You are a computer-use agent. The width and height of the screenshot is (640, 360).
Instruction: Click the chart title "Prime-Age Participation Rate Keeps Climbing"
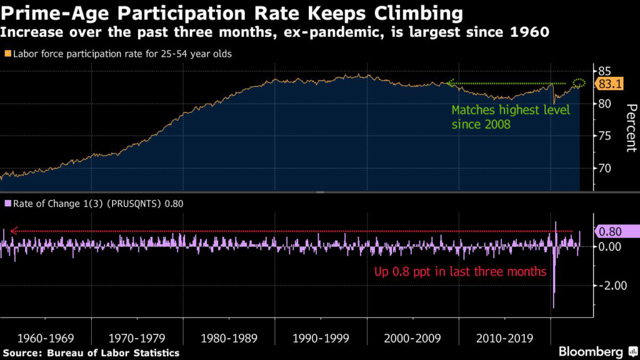pos(231,12)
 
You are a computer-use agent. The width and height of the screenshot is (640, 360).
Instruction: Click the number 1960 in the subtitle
pos(531,32)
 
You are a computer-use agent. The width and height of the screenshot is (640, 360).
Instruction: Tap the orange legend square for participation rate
pos(7,54)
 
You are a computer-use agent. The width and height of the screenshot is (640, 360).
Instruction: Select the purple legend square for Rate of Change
pos(7,203)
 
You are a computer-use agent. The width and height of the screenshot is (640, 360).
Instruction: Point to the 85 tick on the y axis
pos(605,72)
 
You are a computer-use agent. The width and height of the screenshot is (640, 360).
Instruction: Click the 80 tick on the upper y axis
pos(605,104)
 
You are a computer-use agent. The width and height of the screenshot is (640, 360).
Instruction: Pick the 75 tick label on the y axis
pos(605,136)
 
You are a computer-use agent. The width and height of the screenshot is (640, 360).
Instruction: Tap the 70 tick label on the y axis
pos(605,169)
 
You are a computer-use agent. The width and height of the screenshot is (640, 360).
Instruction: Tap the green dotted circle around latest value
pos(579,83)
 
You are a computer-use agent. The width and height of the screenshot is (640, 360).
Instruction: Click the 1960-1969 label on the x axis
pos(45,339)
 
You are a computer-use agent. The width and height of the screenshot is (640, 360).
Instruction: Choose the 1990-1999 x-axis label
pos(321,339)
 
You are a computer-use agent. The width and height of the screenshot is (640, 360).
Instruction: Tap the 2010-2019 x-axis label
pos(504,339)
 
